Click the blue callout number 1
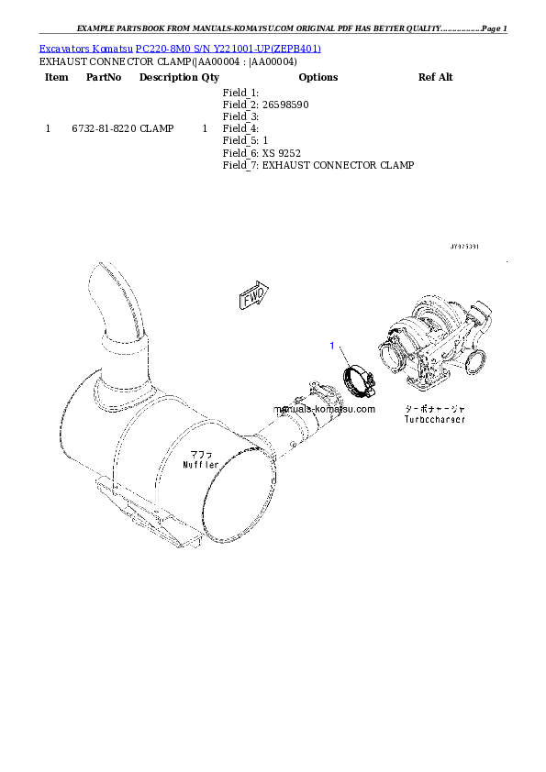[333, 346]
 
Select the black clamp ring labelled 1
[357, 379]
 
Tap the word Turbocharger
[434, 419]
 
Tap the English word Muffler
[200, 465]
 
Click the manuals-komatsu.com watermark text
[324, 409]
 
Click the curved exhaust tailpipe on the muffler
[115, 303]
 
